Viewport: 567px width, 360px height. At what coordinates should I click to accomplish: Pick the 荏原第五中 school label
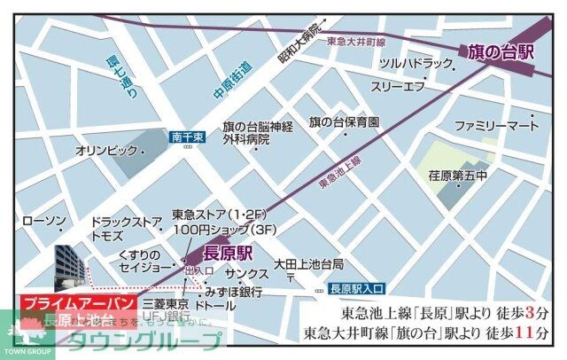click(457, 176)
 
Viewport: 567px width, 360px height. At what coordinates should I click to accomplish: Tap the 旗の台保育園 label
click(344, 121)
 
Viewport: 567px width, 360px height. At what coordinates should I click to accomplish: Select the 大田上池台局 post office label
click(308, 263)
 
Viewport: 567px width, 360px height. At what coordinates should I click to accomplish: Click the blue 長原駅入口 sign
click(354, 288)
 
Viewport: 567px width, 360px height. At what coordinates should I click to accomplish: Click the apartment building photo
click(71, 265)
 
